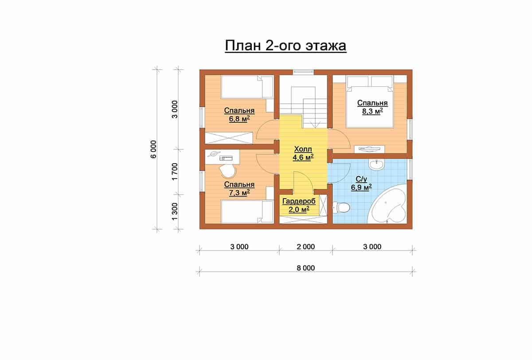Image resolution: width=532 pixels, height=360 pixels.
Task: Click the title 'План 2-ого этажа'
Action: point(286,46)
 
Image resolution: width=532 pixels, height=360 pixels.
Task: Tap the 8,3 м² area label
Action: point(372,111)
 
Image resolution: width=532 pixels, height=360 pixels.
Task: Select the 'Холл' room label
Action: point(303,149)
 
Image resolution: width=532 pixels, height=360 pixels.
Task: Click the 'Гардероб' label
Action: point(299,201)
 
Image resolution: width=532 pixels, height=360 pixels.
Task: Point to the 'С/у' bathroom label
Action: point(361,179)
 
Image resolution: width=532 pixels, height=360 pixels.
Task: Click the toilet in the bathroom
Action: point(341,207)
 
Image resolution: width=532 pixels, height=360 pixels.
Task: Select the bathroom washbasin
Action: point(376,164)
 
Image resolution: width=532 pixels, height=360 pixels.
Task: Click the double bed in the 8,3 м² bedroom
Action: point(370,102)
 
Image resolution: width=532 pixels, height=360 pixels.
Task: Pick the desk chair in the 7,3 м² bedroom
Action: point(61,171)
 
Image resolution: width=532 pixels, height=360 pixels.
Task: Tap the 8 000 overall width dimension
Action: point(305,268)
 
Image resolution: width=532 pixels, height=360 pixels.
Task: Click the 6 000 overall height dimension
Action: point(154,149)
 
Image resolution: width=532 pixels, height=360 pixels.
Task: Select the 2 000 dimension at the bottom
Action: point(305,247)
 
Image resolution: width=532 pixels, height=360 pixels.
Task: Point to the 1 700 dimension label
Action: point(175,172)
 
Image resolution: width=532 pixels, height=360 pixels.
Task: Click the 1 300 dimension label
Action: point(175,211)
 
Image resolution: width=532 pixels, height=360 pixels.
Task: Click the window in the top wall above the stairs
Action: point(303,72)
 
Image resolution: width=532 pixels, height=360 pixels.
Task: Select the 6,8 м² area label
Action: point(239,119)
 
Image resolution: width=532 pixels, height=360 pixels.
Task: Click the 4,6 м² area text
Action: point(303,157)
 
